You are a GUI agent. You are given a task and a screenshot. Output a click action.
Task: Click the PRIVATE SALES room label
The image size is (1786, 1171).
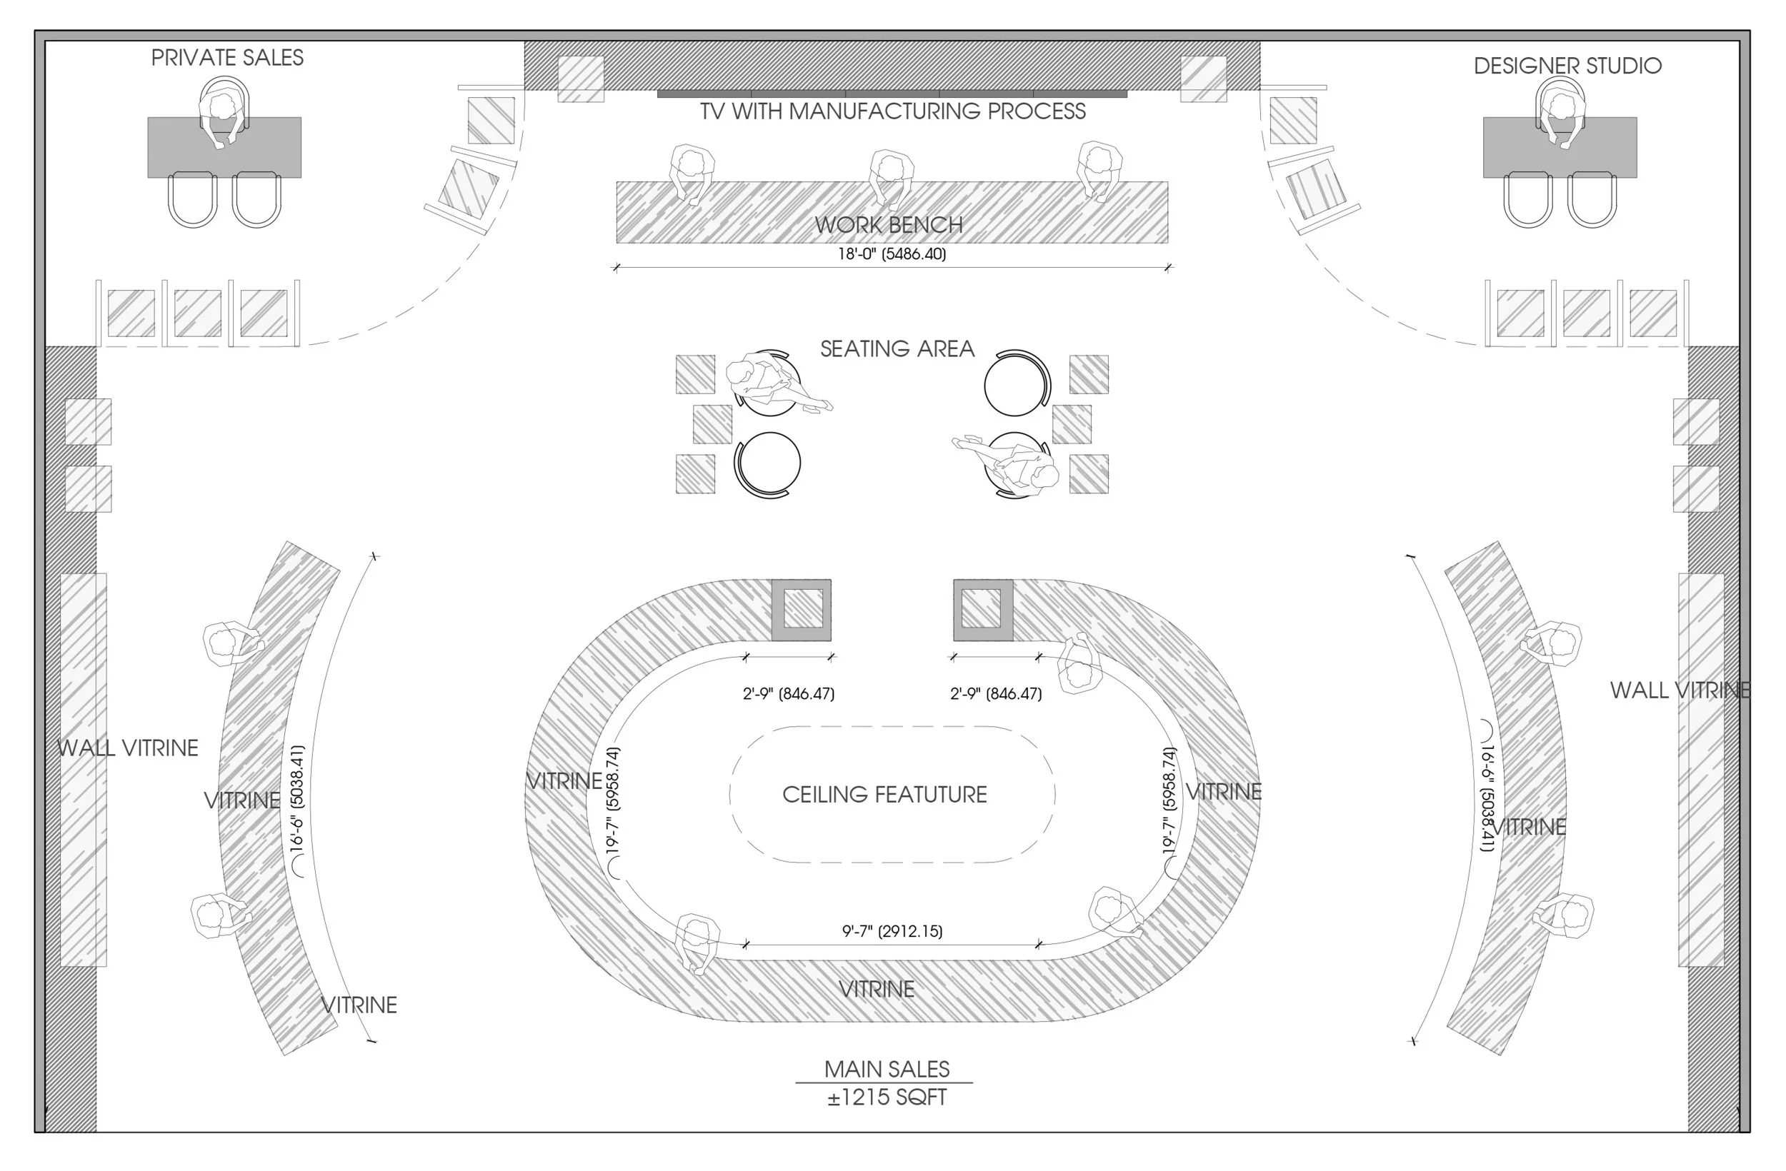click(226, 58)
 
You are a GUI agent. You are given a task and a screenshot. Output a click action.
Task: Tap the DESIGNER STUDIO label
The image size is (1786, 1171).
click(1567, 66)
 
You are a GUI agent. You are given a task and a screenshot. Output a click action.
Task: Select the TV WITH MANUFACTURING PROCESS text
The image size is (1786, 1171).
click(892, 111)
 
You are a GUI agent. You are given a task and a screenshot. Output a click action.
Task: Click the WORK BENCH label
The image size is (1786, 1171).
click(889, 224)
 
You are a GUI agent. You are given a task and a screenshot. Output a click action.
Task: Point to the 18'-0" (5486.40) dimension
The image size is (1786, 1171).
click(892, 253)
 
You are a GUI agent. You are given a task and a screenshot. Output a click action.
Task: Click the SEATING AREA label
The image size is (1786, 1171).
click(897, 349)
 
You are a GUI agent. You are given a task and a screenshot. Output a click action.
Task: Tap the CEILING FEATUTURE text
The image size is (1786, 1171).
click(884, 795)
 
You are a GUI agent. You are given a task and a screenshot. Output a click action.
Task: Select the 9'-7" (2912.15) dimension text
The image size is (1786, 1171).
click(892, 931)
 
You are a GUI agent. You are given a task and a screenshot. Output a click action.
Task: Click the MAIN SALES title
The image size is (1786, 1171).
click(887, 1068)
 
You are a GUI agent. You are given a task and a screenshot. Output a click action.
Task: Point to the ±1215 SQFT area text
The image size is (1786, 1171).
click(887, 1097)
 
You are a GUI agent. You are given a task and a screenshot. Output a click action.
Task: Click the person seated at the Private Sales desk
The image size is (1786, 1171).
click(222, 113)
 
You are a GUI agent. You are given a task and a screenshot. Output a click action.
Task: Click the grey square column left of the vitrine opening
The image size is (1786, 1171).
click(802, 609)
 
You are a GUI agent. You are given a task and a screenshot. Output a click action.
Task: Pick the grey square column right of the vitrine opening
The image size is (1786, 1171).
click(982, 609)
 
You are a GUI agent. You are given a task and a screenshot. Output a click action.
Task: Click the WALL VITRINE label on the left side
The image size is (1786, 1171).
click(128, 748)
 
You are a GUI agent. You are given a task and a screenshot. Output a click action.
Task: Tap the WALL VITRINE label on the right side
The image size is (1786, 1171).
click(1680, 690)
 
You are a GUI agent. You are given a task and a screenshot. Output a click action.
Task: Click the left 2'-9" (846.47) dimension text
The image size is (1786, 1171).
click(788, 693)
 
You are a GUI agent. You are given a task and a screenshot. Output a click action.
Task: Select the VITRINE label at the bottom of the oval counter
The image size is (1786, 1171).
click(876, 989)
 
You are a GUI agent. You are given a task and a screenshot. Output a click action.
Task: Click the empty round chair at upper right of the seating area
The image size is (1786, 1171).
click(1015, 383)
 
